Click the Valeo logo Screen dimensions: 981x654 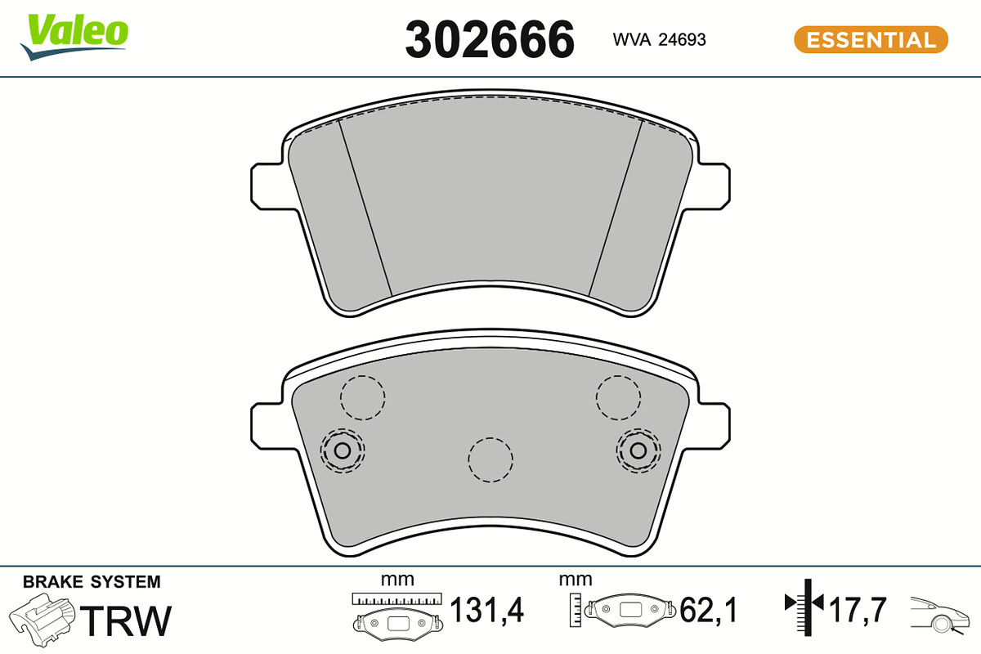point(74,36)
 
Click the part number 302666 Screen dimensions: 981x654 point(490,39)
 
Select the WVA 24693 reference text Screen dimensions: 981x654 point(659,40)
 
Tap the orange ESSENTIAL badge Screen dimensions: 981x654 point(871,40)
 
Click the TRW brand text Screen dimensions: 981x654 point(126,620)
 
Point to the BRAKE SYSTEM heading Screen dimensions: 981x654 point(92,582)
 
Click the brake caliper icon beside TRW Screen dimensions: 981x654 point(42,619)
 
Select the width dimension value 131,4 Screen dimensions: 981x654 point(486,610)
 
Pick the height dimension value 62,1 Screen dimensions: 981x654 point(708,610)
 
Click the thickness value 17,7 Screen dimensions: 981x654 point(858,610)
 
